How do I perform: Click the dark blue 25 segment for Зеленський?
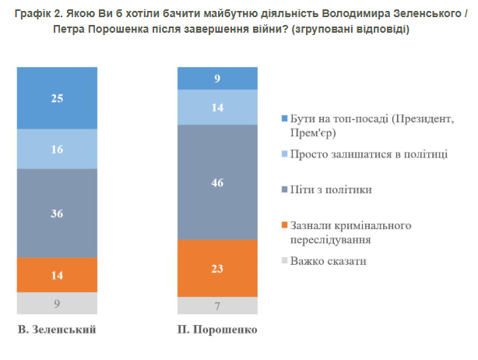57,97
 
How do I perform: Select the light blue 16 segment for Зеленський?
57,148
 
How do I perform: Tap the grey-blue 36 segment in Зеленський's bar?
57,212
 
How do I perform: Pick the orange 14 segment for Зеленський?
57,274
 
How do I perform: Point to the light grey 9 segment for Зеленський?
57,303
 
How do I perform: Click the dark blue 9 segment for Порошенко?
216,78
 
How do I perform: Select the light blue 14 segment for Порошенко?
216,107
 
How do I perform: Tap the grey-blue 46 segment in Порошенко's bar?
216,182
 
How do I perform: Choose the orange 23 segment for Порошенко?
216,268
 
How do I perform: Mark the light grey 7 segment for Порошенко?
216,306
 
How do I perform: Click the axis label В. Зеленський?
57,330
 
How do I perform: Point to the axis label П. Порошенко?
216,330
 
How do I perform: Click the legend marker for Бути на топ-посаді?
284,119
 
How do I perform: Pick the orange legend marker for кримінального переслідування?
284,226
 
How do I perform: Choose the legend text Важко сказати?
328,260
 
